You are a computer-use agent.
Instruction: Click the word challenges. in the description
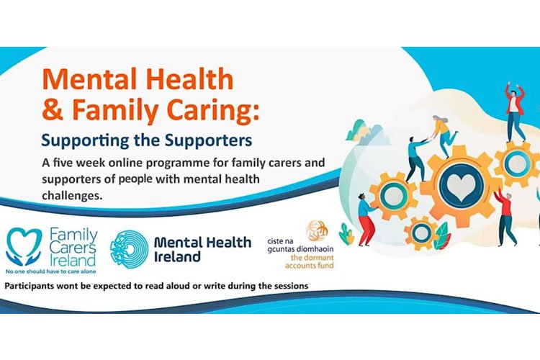point(72,196)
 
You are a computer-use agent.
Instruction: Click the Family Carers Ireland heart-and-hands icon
point(24,246)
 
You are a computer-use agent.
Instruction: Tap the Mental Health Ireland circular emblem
point(129,248)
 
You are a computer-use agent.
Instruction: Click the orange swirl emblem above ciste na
point(318,230)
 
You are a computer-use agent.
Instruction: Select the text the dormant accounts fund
point(310,261)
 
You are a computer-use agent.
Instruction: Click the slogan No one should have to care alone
point(51,271)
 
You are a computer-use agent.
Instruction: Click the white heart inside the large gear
point(461,188)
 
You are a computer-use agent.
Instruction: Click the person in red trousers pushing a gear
point(366,220)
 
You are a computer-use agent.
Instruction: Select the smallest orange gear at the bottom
point(421,233)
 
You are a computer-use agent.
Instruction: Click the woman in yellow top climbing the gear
point(444,135)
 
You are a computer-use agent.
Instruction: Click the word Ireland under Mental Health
point(177,256)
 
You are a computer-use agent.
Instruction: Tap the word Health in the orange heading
point(190,80)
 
